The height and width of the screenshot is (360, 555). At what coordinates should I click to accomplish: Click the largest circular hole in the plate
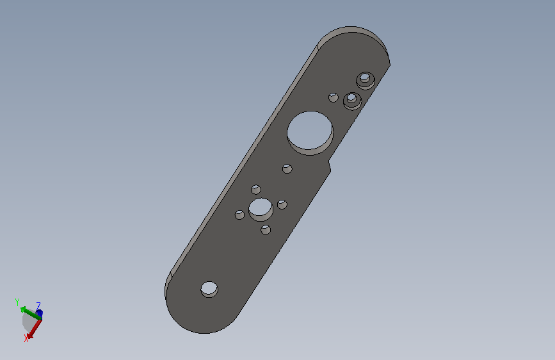[310, 133]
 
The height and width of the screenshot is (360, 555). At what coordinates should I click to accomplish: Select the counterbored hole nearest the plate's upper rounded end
[366, 81]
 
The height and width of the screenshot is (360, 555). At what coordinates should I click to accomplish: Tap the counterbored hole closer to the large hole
[352, 101]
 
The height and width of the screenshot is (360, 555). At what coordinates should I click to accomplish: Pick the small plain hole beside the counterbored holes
[333, 97]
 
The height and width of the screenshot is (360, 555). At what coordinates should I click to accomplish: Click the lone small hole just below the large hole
[287, 168]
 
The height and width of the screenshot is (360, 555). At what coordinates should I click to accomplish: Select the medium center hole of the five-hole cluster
[261, 209]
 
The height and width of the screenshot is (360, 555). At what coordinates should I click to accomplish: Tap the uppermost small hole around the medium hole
[256, 190]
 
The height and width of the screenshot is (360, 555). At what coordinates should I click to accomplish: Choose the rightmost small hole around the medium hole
[282, 204]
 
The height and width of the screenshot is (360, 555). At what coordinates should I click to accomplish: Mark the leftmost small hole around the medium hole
[239, 215]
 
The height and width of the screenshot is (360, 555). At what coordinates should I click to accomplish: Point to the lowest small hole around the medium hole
[266, 229]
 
